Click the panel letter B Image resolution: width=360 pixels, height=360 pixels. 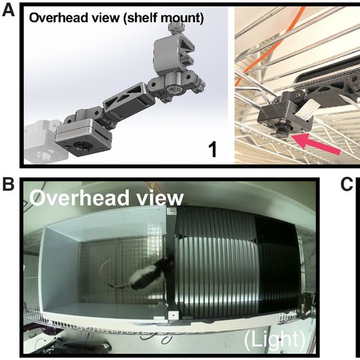coord(8,184)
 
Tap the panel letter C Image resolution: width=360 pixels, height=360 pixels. coord(347,184)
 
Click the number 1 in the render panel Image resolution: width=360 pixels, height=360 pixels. coord(213,150)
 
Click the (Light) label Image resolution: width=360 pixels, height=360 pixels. coord(275,340)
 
